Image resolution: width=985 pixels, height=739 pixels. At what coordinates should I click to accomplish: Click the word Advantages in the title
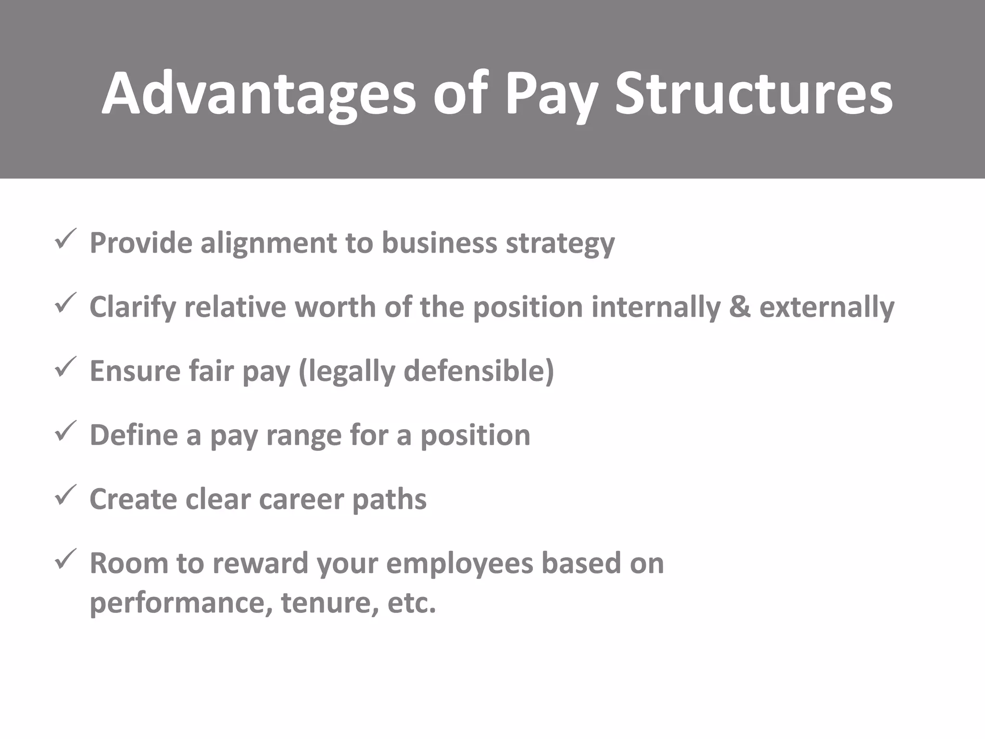pos(258,94)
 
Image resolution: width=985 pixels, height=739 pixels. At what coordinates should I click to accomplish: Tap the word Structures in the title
pos(754,94)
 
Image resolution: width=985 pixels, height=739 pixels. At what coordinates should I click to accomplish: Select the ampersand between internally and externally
pos(739,307)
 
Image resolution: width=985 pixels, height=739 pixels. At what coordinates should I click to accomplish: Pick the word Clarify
pos(132,308)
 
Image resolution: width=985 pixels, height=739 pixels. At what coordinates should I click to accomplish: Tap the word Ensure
pos(135,371)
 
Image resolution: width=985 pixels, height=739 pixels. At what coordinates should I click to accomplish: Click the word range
pos(303,436)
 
